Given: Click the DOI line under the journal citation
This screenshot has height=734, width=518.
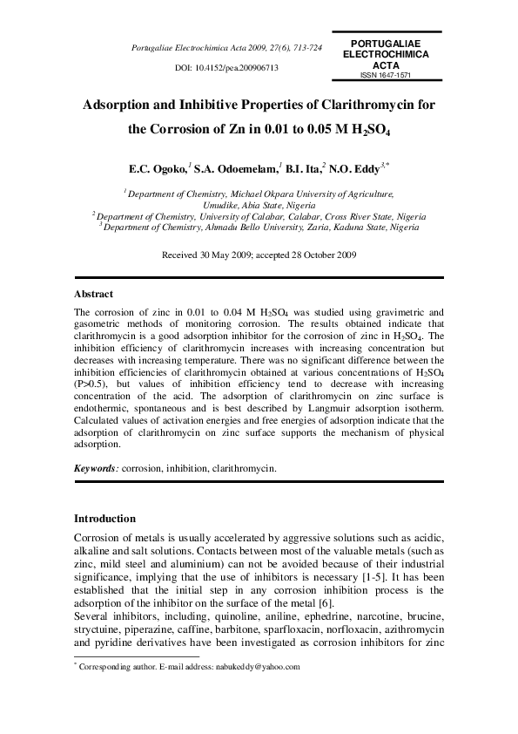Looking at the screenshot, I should pos(226,67).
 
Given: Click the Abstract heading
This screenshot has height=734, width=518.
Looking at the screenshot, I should pos(93,295).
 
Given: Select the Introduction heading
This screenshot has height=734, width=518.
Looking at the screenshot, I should pos(104,518).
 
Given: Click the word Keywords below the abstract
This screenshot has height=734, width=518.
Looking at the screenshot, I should pos(95,468).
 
